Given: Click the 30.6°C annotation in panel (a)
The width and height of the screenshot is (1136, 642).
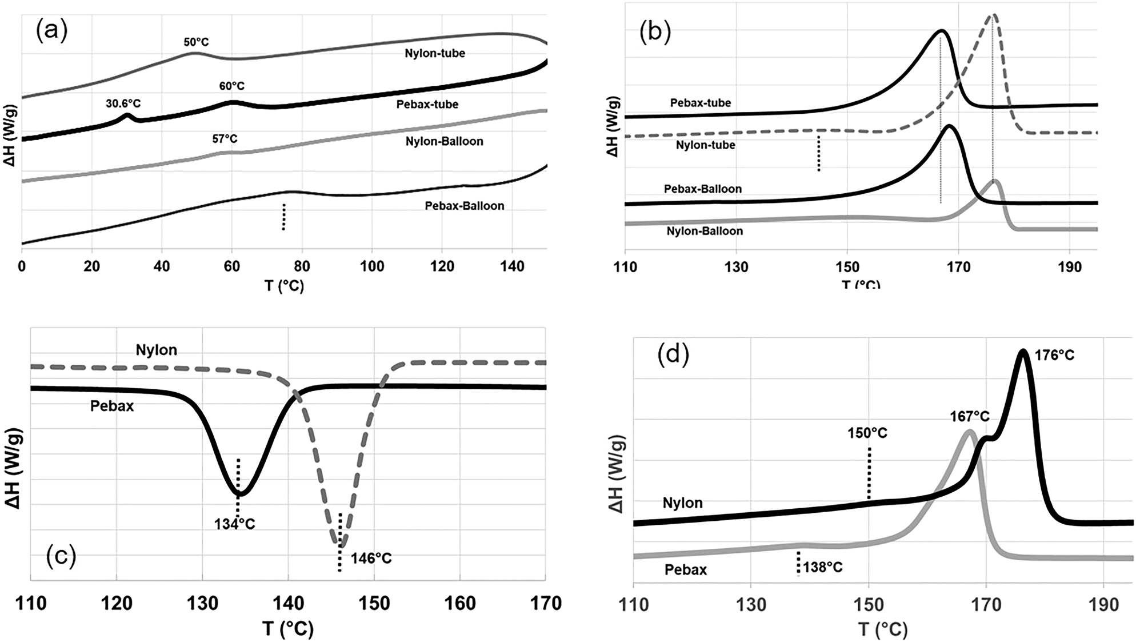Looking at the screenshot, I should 123,103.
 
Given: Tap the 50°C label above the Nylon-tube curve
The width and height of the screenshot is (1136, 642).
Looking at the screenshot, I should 196,42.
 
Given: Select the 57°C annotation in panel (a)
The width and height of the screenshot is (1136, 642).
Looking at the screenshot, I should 225,139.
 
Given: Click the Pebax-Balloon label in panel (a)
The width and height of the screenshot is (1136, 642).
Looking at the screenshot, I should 464,206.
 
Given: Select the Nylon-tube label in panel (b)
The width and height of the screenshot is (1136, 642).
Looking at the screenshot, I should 705,145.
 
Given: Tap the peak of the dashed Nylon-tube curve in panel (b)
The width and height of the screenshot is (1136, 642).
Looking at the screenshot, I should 993,15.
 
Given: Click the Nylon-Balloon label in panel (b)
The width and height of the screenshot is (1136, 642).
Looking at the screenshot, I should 705,231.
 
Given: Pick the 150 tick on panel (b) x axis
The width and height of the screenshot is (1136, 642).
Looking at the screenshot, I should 847,267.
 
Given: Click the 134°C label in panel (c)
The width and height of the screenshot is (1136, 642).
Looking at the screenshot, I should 234,524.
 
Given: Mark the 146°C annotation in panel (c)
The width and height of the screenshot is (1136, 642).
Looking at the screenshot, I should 371,558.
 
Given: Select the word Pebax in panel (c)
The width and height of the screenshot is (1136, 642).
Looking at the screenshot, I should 112,406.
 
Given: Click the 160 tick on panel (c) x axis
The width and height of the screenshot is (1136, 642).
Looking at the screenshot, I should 460,603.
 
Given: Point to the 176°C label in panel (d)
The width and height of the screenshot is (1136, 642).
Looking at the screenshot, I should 1054,356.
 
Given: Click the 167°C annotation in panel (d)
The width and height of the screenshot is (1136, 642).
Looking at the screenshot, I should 970,417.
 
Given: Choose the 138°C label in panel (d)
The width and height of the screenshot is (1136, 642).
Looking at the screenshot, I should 822,568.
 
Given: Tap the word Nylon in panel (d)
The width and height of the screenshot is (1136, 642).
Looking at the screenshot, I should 682,503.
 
